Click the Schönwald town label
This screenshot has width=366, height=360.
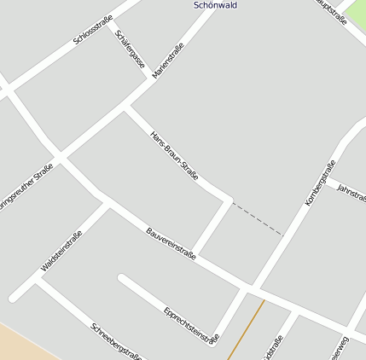tap(215, 5)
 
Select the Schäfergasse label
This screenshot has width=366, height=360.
tap(131, 51)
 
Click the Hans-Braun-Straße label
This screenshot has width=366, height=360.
tap(174, 155)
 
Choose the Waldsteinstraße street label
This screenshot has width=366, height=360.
tap(61, 253)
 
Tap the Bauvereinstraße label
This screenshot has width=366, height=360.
tap(171, 244)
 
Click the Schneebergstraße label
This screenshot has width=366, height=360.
tap(116, 341)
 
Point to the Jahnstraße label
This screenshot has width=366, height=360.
tap(351, 193)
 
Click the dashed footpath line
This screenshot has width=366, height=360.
tap(257, 218)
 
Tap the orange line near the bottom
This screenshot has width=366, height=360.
tap(245, 329)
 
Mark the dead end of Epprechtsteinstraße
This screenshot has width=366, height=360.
tap(122, 278)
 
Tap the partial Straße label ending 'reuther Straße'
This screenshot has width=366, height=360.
tap(26, 189)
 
